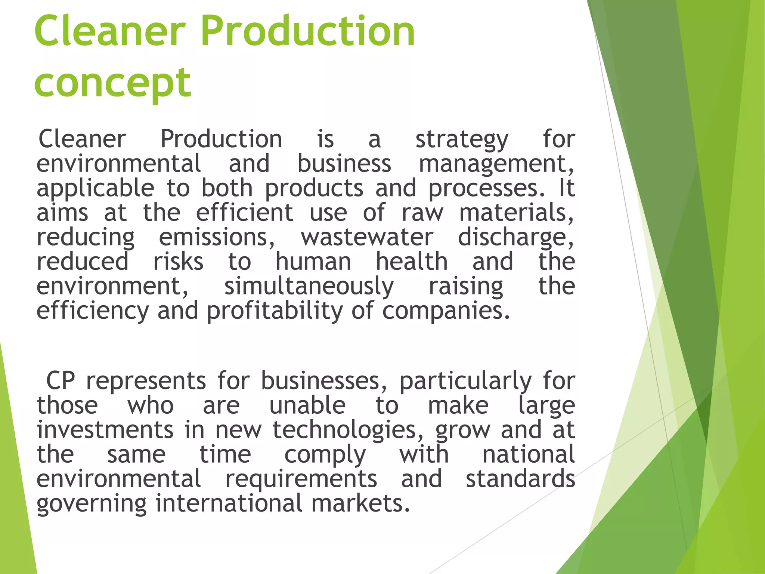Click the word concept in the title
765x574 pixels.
112,83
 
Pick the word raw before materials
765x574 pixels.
422,213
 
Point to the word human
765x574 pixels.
313,262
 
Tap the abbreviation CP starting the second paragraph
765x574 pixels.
61,381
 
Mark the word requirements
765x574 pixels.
301,479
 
